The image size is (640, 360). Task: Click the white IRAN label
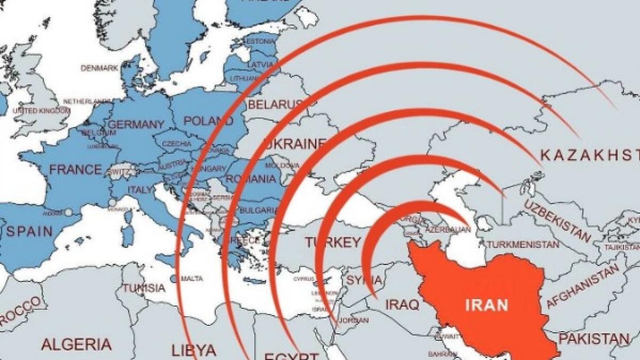(x=486, y=306)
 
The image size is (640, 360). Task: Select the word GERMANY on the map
(x=136, y=124)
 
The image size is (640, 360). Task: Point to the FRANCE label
(x=75, y=170)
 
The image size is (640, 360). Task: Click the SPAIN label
(x=29, y=231)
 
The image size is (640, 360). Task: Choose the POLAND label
(x=209, y=121)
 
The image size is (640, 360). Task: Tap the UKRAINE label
(x=295, y=144)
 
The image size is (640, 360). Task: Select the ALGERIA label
(x=77, y=343)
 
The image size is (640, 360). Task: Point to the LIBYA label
(x=194, y=350)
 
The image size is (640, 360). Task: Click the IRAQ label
(x=403, y=304)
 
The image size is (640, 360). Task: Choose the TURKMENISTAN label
(x=523, y=245)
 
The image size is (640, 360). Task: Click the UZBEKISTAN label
(x=557, y=220)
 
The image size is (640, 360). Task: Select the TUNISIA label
(x=144, y=288)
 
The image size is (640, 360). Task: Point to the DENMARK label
(x=100, y=68)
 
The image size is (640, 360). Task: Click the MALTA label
(x=192, y=278)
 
